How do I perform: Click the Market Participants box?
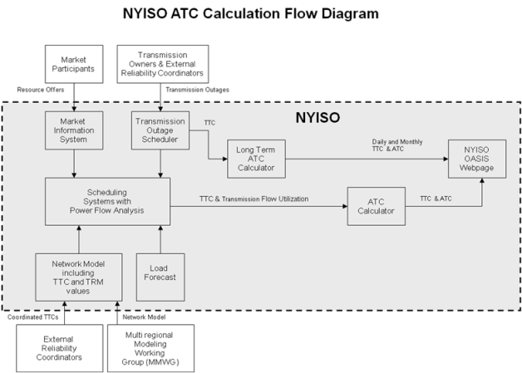(74, 64)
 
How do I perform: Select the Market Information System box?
(74, 130)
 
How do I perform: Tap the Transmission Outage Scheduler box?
(160, 130)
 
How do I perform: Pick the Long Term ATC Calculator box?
(256, 159)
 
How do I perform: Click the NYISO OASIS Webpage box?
(477, 159)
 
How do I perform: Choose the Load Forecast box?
(160, 277)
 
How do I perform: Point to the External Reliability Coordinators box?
(60, 348)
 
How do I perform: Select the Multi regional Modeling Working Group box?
(150, 348)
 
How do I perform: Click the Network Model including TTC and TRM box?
(79, 277)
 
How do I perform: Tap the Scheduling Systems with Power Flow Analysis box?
(107, 202)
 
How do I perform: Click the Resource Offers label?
(41, 90)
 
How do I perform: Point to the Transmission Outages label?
(198, 90)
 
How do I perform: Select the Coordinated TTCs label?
(33, 317)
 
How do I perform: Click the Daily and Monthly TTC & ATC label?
(397, 145)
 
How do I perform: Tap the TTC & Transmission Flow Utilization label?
(254, 199)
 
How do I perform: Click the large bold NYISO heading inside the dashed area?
(318, 118)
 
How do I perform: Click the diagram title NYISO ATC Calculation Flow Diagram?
(251, 13)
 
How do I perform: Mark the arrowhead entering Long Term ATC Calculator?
(225, 159)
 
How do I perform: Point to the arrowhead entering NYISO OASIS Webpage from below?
(482, 180)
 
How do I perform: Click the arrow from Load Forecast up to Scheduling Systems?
(160, 239)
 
